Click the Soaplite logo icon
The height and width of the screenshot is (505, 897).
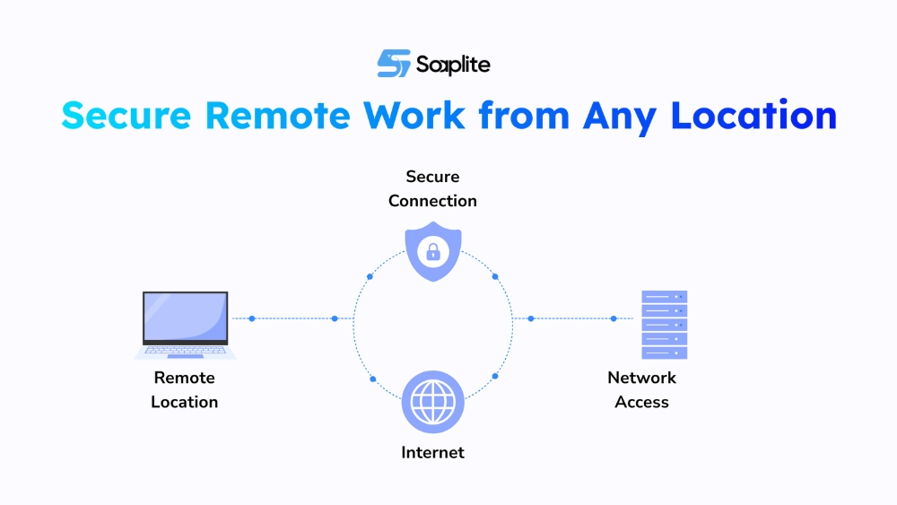click(393, 64)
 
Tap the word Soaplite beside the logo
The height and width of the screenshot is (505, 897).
click(453, 65)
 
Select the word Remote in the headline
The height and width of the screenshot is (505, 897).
click(279, 117)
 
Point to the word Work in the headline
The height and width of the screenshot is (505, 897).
click(415, 117)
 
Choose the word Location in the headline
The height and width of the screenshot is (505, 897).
click(754, 117)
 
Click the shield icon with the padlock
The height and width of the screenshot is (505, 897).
click(433, 251)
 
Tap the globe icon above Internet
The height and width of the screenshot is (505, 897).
click(433, 402)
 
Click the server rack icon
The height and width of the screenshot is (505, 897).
click(665, 324)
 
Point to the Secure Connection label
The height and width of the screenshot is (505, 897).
click(432, 188)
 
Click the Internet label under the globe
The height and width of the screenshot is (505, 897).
click(432, 453)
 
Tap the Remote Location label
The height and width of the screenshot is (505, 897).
click(185, 390)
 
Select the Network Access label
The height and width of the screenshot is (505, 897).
click(641, 390)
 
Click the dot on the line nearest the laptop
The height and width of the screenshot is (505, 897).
click(252, 318)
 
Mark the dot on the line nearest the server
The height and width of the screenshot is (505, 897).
click(614, 318)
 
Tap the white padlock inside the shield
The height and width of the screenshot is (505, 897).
click(433, 252)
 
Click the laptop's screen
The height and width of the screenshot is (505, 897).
click(186, 316)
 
